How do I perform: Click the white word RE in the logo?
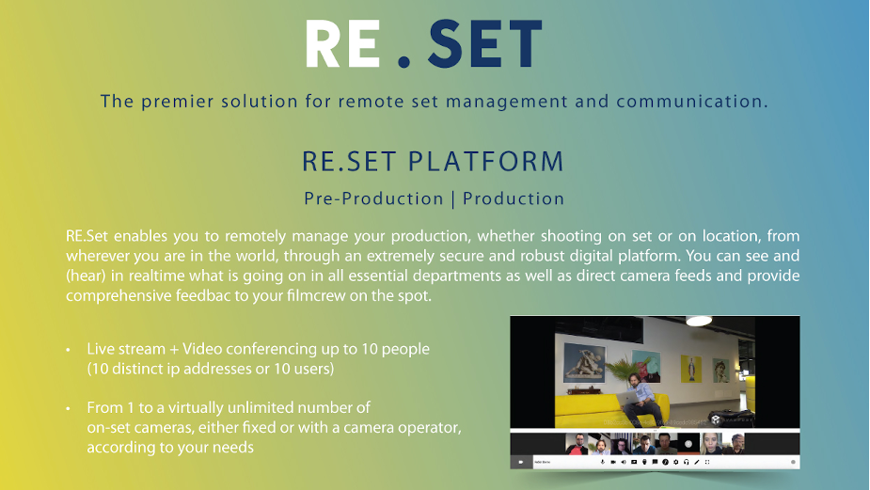coord(342,44)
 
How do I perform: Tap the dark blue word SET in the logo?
coord(484,44)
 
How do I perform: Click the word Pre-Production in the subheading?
coord(373,199)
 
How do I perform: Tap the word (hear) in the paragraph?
coord(86,275)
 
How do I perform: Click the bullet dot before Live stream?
coord(68,350)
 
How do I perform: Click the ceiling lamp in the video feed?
coord(699,322)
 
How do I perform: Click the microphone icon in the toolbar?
coord(602,462)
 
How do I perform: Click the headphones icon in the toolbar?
coord(687,462)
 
